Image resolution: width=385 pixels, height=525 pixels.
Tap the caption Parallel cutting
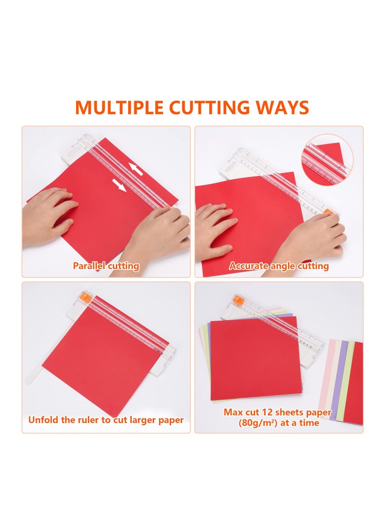[x=106, y=266]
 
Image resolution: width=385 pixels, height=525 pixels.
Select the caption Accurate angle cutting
[x=279, y=266]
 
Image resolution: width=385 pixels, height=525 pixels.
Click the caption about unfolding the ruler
[x=106, y=420]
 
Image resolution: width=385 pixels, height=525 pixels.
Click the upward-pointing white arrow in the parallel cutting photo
[x=136, y=169]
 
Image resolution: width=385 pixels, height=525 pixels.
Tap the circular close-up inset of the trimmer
[x=327, y=159]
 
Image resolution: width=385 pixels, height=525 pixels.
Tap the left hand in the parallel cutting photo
[x=48, y=217]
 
